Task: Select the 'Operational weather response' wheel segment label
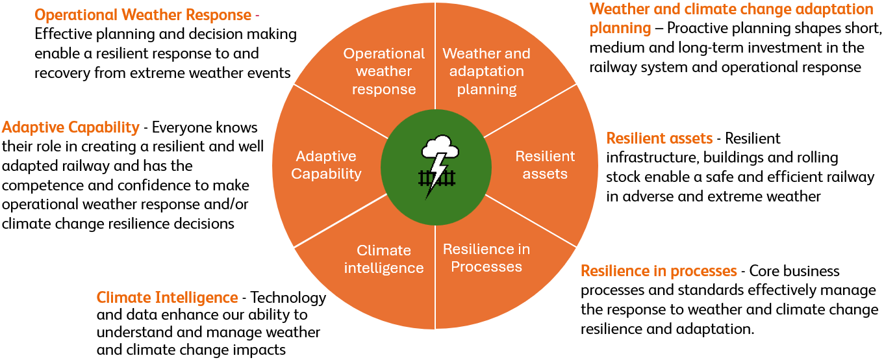384,71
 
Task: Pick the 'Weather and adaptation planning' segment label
486,71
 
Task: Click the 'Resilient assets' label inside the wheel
545,165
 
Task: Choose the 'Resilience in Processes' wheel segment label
486,258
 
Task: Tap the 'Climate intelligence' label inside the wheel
384,259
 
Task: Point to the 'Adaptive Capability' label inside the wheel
326,165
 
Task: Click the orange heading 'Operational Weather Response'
143,14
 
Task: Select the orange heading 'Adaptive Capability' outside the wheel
70,127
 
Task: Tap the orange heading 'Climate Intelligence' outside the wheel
167,298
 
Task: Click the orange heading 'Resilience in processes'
659,270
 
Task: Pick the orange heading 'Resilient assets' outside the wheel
659,138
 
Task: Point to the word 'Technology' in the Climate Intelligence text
288,298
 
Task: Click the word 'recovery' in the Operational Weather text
62,73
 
